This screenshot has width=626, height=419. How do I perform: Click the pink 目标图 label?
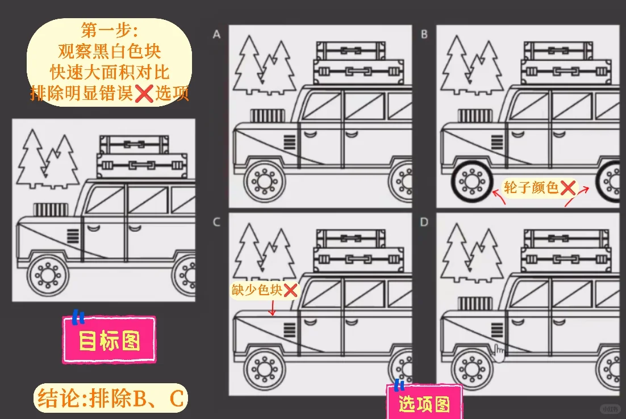[109, 340]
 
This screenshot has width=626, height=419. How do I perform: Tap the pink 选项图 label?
[424, 404]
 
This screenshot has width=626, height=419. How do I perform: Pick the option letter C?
[216, 223]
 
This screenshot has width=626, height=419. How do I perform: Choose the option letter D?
[424, 223]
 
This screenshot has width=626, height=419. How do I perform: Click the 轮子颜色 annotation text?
[531, 187]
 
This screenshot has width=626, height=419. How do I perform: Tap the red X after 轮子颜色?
[568, 188]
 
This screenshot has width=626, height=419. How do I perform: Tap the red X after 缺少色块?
[290, 290]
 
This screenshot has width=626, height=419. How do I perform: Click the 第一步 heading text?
[109, 30]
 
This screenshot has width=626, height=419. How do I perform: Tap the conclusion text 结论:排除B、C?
[111, 399]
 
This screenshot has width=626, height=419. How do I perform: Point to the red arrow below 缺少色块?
[273, 308]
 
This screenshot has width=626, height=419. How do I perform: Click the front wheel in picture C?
[264, 369]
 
